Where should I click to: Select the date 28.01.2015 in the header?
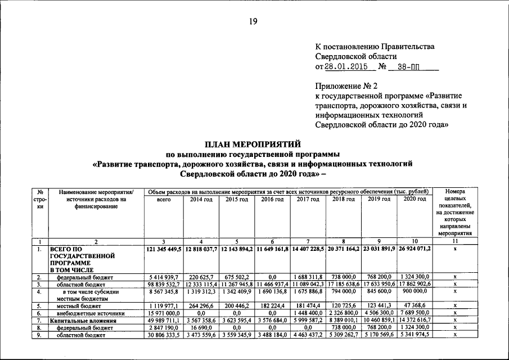click(349, 66)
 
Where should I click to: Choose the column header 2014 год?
click(201, 200)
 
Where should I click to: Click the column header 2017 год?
click(308, 200)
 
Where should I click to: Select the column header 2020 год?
click(415, 200)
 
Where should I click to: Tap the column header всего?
click(164, 200)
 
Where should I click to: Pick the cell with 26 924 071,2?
click(415, 249)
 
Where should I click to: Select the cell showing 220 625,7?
click(201, 277)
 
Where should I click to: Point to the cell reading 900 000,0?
click(415, 292)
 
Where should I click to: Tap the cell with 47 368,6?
click(415, 306)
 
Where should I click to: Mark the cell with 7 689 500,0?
click(415, 313)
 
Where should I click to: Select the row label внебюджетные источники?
click(86, 313)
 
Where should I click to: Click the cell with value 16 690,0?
click(201, 327)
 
